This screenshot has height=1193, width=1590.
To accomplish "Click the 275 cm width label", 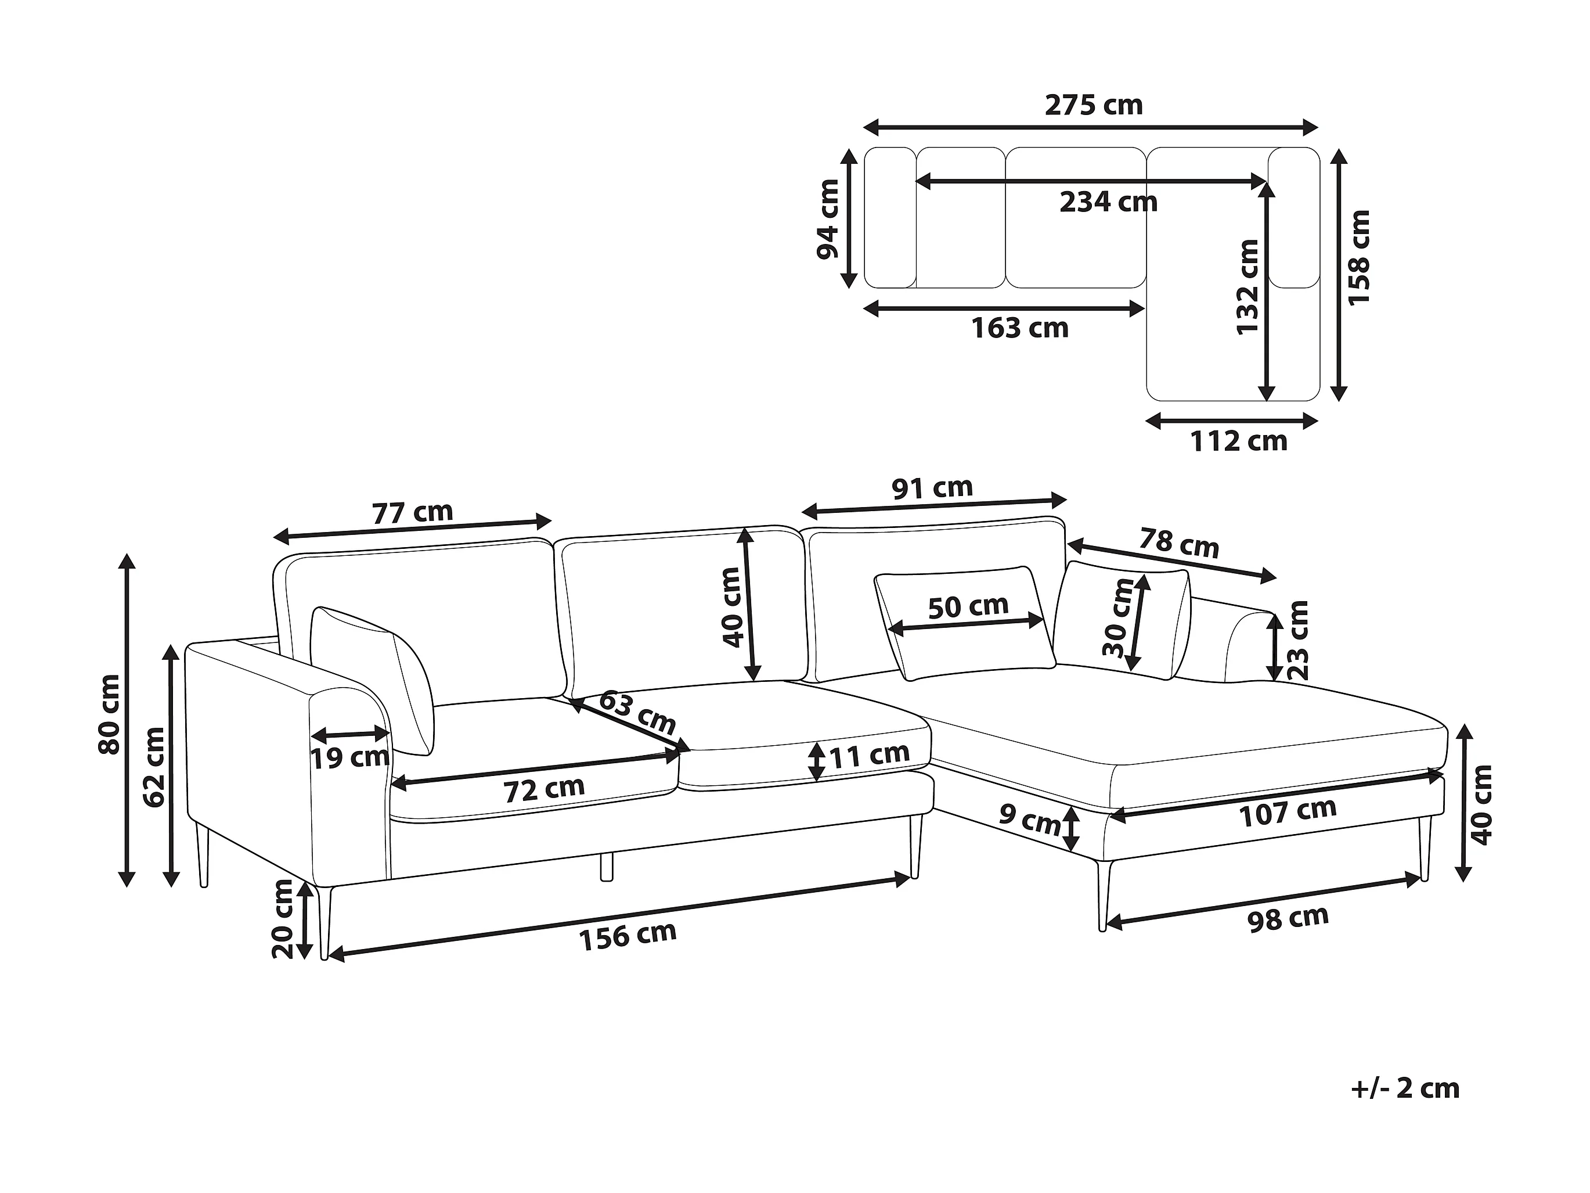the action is click(1093, 106).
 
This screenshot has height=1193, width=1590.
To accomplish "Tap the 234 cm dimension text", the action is click(1108, 202).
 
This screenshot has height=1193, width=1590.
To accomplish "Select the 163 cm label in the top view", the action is click(1019, 329).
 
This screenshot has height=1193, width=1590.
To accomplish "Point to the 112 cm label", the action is click(1238, 441).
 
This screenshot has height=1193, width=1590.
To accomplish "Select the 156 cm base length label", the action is click(628, 936).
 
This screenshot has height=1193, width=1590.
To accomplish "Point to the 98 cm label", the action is click(1288, 918).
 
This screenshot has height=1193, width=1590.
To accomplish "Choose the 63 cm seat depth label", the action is click(636, 712).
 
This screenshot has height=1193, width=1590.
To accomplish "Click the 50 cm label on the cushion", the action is click(968, 607).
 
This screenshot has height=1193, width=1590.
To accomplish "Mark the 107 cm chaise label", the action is click(1288, 812).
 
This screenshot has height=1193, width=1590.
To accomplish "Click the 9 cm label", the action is click(1029, 819).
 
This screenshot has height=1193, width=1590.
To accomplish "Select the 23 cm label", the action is click(1298, 641).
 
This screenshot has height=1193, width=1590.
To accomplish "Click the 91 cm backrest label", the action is click(932, 488).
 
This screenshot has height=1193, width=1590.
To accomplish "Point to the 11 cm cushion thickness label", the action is click(869, 755).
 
